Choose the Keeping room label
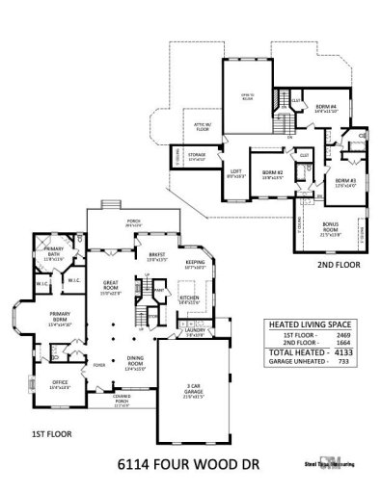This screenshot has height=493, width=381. pos(196,262)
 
